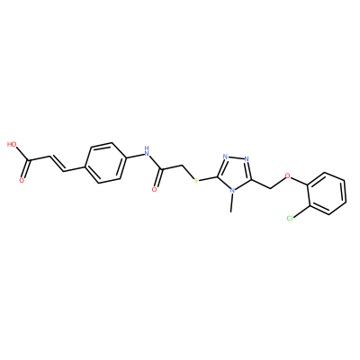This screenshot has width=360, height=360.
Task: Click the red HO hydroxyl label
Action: coord(12,144)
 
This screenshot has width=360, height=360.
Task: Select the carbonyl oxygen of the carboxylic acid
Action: coord(22,180)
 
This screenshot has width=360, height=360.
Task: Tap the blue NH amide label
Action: coord(147,151)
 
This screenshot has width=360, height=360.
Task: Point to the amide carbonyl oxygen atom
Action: coord(155,189)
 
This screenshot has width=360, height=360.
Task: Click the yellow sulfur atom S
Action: coord(196,181)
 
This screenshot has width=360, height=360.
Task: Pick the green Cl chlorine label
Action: coord(290,218)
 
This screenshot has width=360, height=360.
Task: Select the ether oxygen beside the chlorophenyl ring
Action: coord(288,175)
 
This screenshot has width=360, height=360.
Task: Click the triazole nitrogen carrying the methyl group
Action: coord(231,190)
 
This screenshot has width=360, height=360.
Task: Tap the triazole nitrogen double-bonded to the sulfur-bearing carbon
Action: coord(226,157)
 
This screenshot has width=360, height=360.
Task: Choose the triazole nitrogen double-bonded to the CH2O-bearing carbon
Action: coord(247,158)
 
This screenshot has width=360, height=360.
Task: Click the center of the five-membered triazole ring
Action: coord(236,173)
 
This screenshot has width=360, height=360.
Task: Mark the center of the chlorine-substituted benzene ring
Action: coord(327,193)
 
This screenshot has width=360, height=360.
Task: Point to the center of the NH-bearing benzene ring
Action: coord(105,162)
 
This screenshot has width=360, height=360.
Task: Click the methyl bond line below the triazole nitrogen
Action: coord(231,202)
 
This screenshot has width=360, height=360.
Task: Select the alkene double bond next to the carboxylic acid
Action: coord(57,164)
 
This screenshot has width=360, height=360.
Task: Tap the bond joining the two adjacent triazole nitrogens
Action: coord(236,157)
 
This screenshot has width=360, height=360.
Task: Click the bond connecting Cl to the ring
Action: coord(301,211)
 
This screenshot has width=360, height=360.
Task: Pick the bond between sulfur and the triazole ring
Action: coord(209,178)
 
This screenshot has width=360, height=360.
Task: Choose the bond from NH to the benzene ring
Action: coord(134,156)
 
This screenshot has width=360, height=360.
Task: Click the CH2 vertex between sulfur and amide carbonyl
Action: coord(182,166)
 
